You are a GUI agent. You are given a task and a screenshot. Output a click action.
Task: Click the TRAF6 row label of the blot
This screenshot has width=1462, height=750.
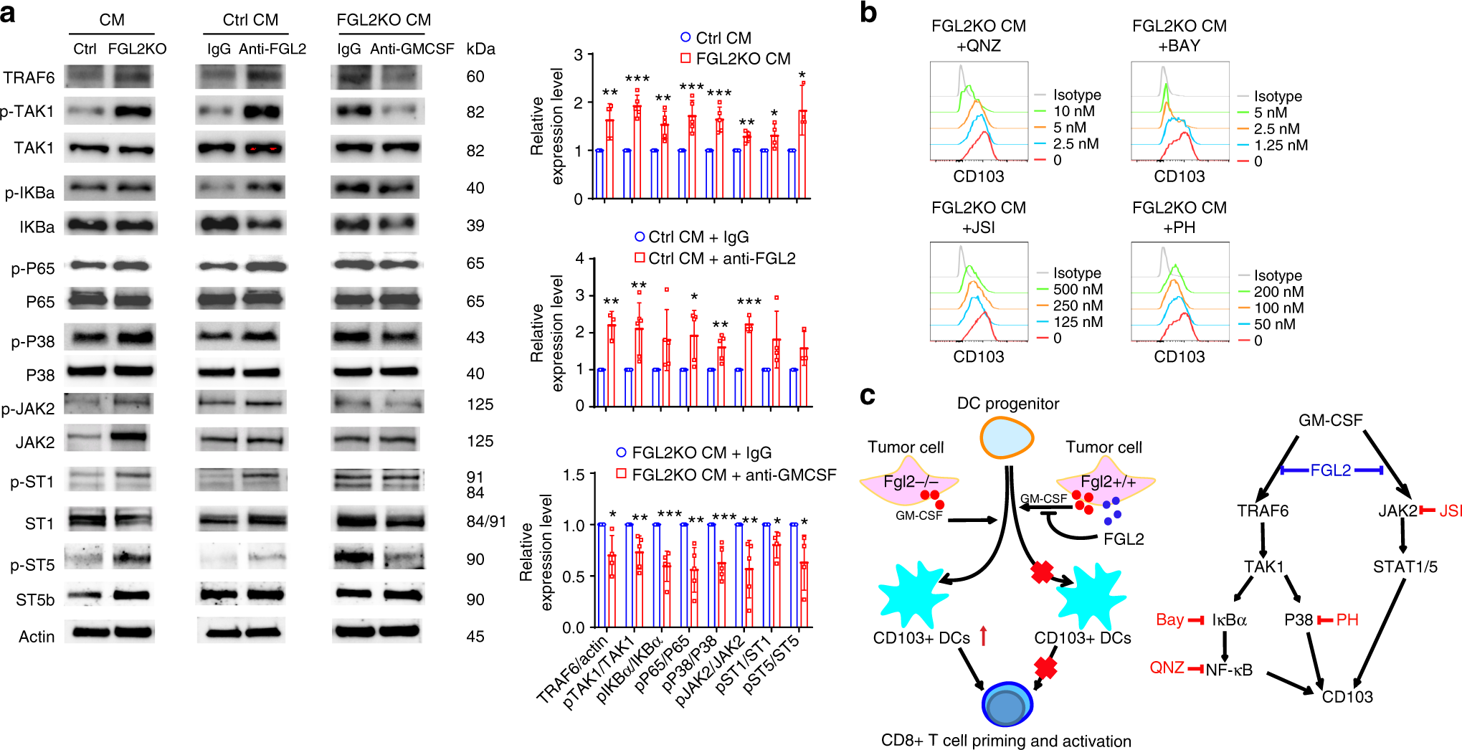(x=29, y=77)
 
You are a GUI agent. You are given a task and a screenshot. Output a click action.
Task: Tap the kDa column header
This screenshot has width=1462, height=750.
(x=480, y=49)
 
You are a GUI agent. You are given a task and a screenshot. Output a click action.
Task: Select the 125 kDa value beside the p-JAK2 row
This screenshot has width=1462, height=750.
(x=480, y=404)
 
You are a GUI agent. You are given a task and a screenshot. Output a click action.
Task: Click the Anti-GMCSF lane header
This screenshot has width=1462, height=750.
(x=412, y=49)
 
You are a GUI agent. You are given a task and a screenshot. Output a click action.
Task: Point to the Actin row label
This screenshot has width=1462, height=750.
(x=37, y=637)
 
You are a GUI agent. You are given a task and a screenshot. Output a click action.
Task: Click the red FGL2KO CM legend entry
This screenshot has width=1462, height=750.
(x=736, y=59)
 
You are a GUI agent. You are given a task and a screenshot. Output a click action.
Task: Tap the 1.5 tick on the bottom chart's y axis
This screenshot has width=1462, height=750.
(x=574, y=475)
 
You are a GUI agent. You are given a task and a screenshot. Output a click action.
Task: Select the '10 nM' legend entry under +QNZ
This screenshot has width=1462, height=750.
(x=1073, y=111)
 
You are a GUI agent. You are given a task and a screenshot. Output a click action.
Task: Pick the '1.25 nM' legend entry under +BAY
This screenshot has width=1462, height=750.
(x=1281, y=146)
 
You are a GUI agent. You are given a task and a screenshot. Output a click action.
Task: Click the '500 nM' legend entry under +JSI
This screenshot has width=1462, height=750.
(x=1078, y=290)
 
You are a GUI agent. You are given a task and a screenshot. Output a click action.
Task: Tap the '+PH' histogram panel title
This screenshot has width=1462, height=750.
(x=1179, y=227)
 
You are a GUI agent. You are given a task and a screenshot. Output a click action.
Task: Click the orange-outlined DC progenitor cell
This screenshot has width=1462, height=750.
(x=1007, y=437)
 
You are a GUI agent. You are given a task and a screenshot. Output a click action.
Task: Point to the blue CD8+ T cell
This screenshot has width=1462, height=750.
(x=1007, y=705)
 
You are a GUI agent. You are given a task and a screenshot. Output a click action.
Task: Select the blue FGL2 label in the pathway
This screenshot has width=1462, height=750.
(x=1330, y=470)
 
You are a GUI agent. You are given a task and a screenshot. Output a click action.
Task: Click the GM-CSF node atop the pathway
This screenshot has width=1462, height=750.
(x=1330, y=420)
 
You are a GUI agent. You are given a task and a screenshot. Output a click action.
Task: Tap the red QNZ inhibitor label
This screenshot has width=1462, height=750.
(x=1167, y=668)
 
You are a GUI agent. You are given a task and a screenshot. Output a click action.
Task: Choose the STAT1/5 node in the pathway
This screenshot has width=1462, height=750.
(x=1405, y=567)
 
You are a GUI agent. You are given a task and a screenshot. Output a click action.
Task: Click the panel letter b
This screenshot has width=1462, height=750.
(x=868, y=13)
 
